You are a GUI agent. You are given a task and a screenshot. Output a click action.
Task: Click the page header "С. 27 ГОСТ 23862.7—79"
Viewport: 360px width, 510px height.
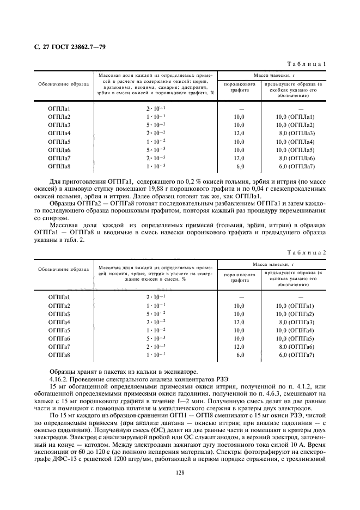coord(65,47)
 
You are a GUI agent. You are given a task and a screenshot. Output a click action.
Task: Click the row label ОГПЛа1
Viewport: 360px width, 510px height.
coord(59,108)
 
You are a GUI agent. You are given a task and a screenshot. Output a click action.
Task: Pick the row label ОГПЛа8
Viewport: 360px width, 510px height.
coord(59,166)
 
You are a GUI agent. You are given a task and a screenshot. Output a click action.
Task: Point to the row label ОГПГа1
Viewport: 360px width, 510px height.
coord(59,297)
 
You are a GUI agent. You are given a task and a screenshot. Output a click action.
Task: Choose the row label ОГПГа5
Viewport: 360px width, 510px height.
coord(59,330)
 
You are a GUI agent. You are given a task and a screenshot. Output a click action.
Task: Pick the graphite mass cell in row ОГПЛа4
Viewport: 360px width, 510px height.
coord(239,133)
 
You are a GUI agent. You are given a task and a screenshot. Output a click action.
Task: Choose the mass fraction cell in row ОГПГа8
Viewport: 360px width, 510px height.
coord(155,355)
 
